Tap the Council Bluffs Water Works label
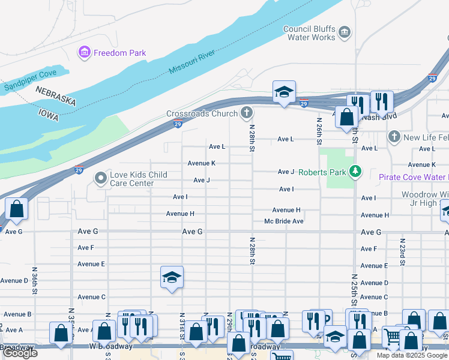point(309,33)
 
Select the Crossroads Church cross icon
point(246,112)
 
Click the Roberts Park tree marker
point(356,172)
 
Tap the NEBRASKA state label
point(55,96)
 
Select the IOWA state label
point(49,115)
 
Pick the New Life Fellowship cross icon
point(394,137)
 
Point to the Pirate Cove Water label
point(414,177)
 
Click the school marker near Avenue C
point(172,277)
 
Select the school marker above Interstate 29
point(284,92)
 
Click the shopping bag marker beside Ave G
point(16,209)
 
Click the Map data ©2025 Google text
point(412,355)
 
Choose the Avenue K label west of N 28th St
point(201,163)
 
